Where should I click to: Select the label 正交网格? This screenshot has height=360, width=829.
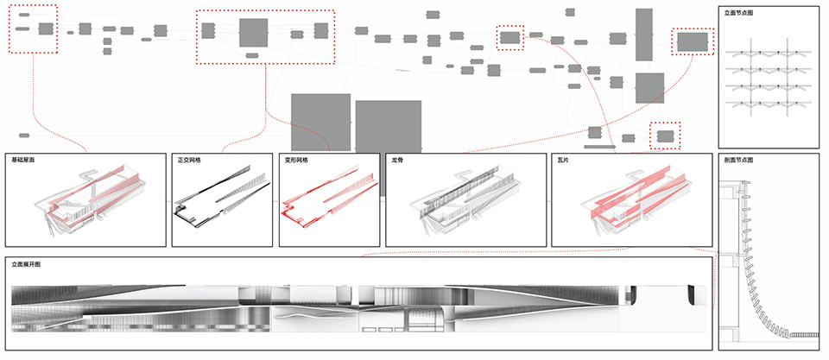(x=189, y=161)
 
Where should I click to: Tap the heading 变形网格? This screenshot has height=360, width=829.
(x=296, y=161)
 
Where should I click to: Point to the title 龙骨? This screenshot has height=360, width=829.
(x=397, y=161)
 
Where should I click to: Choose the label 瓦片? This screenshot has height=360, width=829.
(x=564, y=161)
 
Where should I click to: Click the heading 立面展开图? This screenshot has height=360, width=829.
(x=28, y=265)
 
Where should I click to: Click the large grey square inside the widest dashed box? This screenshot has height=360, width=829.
(x=254, y=33)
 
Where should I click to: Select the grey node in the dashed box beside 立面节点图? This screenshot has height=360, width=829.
(x=693, y=41)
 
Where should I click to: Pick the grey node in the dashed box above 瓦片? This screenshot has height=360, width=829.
(x=665, y=136)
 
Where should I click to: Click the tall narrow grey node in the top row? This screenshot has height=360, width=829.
(x=643, y=35)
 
